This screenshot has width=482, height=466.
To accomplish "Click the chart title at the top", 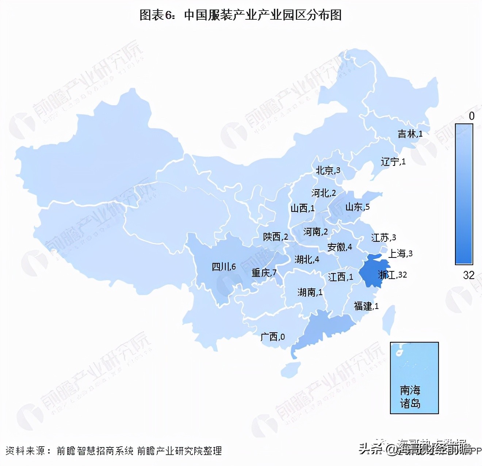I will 241,15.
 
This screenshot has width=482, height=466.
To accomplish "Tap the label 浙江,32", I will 392,275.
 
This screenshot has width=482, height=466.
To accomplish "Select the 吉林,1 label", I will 410,134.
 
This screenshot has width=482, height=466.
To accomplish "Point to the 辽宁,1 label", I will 393,161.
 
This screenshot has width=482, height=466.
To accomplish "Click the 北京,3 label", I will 328,170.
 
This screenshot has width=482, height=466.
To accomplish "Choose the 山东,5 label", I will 357,207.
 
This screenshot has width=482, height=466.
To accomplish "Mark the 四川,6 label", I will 224,267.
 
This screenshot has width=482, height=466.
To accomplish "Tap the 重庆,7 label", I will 264,272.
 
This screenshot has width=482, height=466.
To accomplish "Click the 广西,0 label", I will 272,337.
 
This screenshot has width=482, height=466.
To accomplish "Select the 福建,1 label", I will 366,306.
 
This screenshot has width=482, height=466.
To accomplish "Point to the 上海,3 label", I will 400,253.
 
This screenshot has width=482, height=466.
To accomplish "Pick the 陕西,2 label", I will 275,237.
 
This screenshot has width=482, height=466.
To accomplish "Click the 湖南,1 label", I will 310,292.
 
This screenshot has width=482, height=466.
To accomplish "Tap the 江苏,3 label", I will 383,238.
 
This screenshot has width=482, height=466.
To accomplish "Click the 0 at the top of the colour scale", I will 471,116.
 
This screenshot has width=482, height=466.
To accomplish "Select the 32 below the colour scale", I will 468,275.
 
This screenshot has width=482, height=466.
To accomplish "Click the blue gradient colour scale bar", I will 464,194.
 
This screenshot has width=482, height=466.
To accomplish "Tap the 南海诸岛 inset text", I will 410,397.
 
